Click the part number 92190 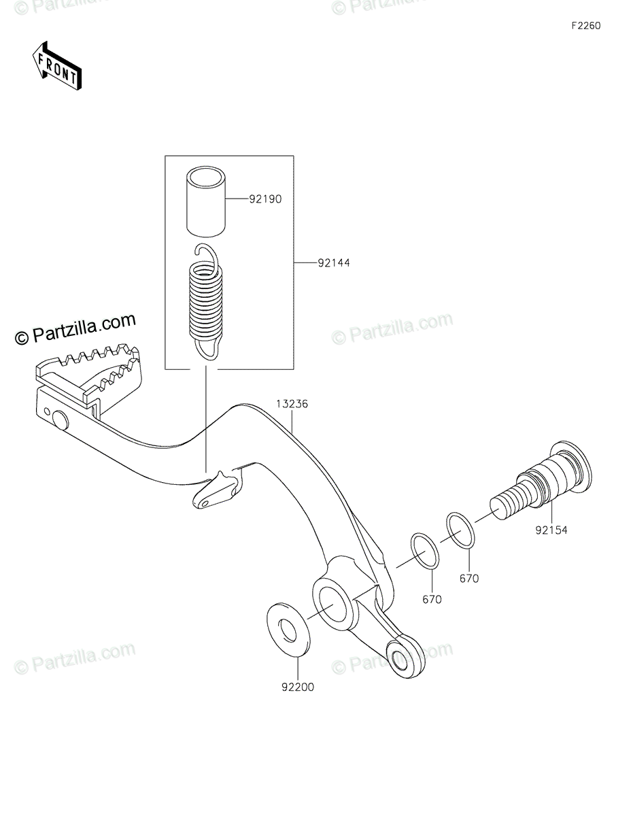click(x=265, y=200)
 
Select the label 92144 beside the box click(x=333, y=262)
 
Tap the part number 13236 click(x=292, y=403)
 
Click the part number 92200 click(x=296, y=687)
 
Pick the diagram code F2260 click(x=585, y=26)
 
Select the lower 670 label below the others click(x=432, y=599)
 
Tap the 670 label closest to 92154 click(x=468, y=579)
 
